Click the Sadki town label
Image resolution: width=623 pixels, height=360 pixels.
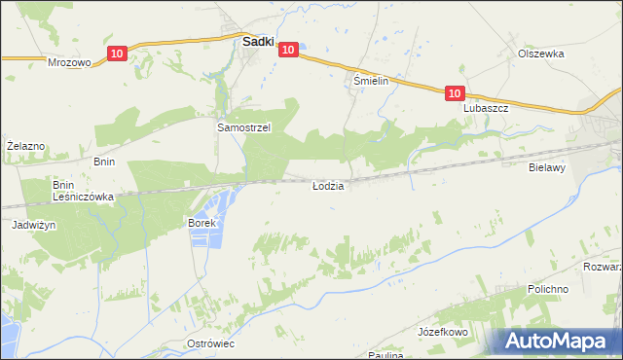tap(256, 42)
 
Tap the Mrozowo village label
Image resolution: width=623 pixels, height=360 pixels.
tap(69, 61)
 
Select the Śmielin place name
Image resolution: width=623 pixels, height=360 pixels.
tap(371, 82)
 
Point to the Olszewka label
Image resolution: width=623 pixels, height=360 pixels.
tap(541, 54)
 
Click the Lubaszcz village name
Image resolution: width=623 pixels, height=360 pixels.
tap(487, 109)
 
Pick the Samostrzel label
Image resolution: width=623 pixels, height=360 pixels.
tap(242, 127)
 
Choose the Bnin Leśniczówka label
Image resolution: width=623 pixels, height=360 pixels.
tap(84, 190)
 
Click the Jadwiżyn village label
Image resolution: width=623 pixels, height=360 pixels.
tap(32, 225)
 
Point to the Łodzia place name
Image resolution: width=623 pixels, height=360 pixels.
tap(327, 185)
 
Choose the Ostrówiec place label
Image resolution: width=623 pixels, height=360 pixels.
tap(211, 344)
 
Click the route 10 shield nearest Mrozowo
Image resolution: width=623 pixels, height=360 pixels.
tap(117, 54)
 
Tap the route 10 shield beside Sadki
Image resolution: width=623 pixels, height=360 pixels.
tap(287, 49)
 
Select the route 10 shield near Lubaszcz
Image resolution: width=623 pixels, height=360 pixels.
tap(455, 93)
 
